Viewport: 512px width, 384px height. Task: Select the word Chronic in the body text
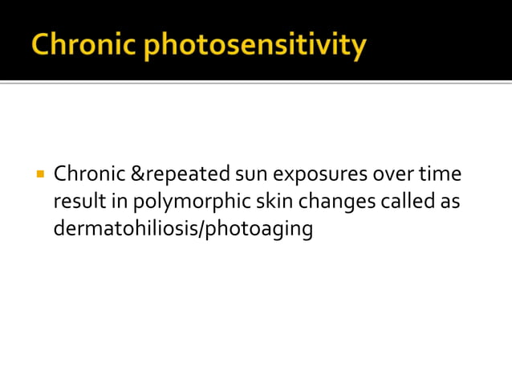tap(88, 174)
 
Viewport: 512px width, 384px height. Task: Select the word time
tap(439, 174)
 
